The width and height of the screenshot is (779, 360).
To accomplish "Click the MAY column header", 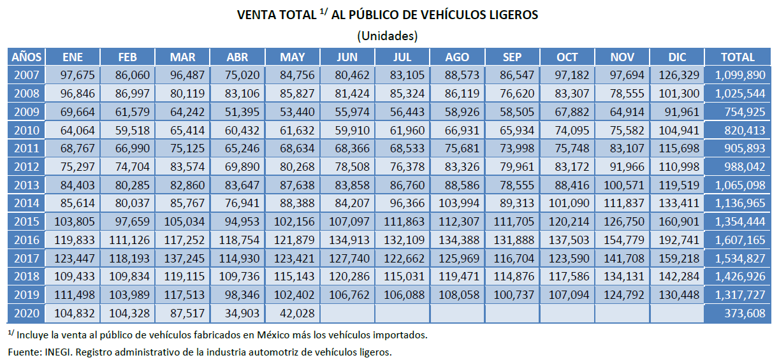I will point(292,57).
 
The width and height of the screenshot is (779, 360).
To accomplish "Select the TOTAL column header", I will point(738,57).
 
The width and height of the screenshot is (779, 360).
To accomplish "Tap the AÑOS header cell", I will point(26,57).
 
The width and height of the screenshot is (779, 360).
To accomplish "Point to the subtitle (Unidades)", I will point(388,35).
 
